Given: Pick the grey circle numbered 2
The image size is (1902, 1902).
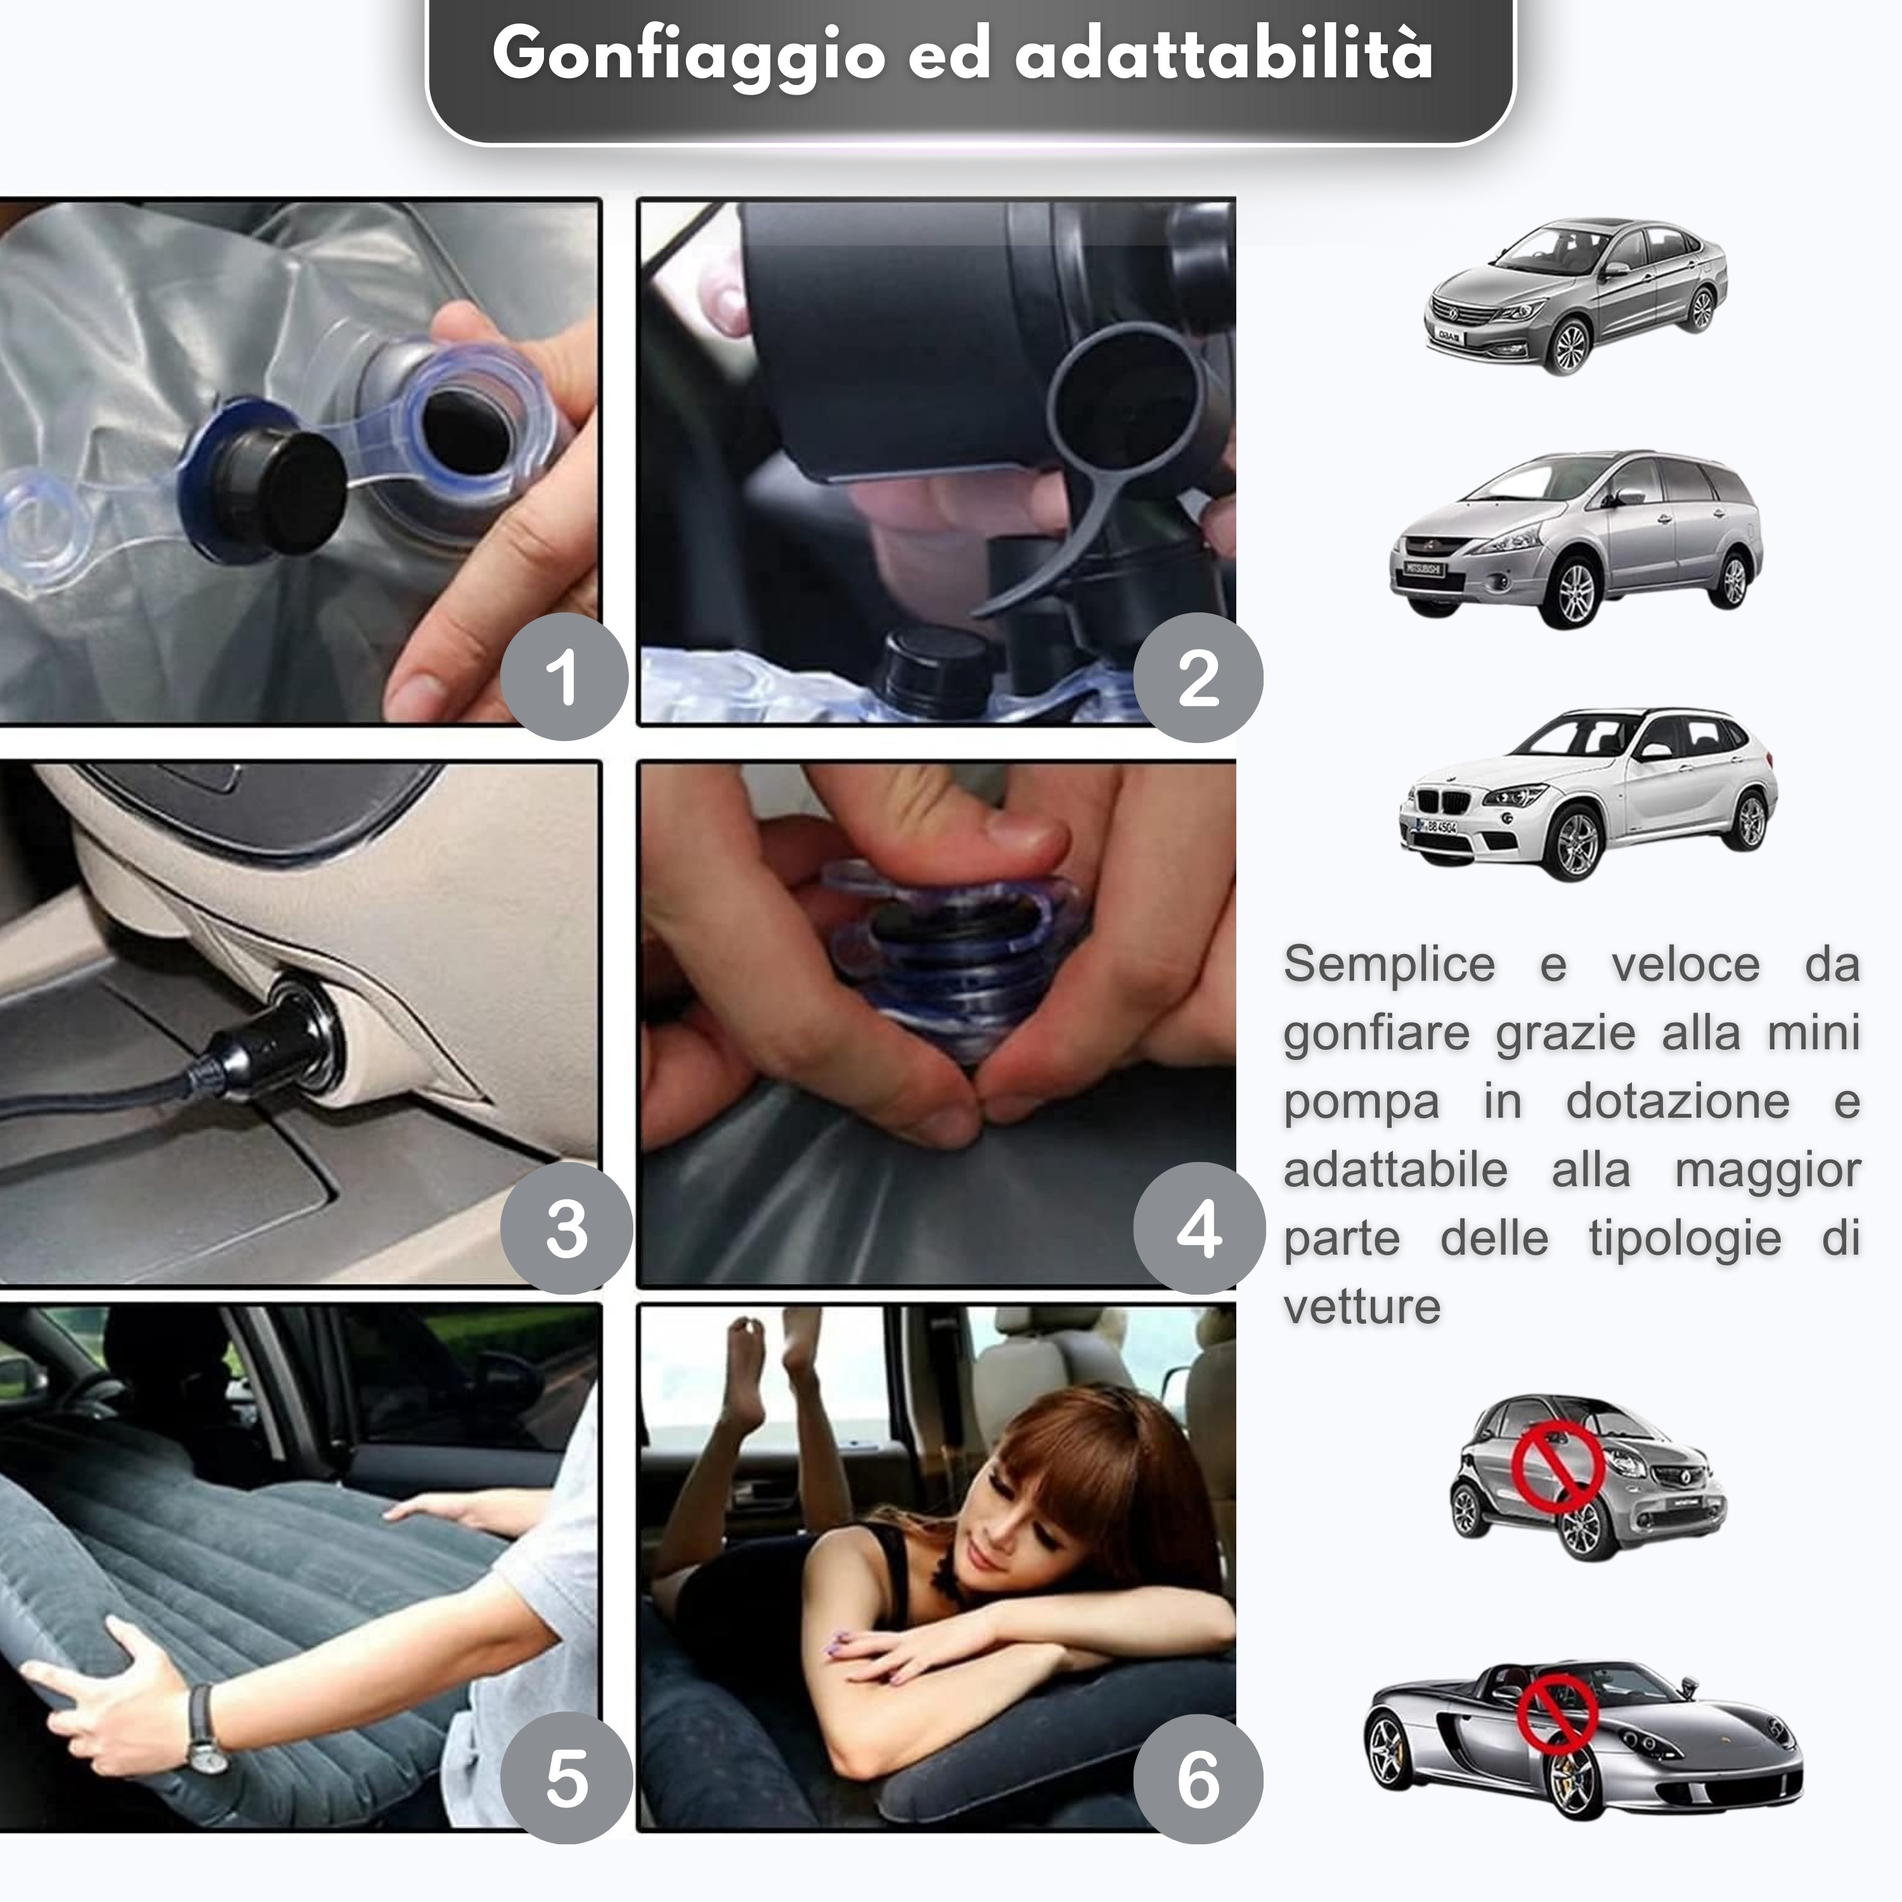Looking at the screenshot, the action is (x=1198, y=676).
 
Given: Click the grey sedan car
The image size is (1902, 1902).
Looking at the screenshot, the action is (x=1575, y=295).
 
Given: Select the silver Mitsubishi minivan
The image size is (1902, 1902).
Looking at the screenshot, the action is (x=1575, y=540).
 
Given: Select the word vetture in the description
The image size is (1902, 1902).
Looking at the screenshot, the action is (x=1362, y=1307).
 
